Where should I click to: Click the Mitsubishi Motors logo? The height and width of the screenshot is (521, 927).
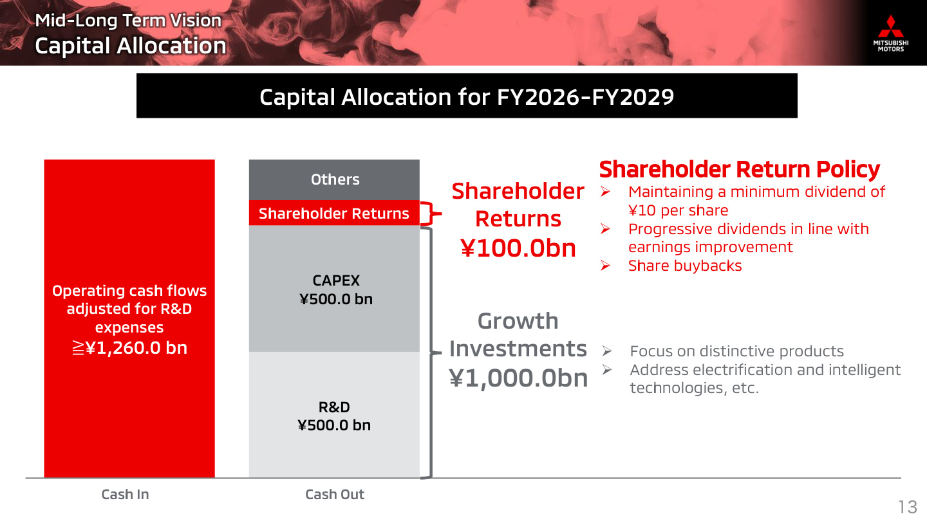click(890, 33)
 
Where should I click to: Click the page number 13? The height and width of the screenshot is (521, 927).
click(907, 507)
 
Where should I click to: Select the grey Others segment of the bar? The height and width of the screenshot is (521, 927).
click(334, 180)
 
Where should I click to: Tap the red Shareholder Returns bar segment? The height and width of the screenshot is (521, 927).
click(334, 214)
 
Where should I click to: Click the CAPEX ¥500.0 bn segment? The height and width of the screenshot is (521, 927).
click(334, 289)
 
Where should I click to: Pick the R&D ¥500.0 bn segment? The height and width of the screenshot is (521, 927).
click(334, 415)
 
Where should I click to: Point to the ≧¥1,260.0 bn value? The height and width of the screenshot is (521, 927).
click(129, 348)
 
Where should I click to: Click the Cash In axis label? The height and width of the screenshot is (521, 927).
click(125, 494)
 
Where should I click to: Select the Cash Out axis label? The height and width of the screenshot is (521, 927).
click(334, 494)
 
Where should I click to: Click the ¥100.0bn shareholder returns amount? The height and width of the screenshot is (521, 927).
click(518, 248)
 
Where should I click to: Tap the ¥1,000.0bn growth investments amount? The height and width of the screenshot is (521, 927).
click(518, 378)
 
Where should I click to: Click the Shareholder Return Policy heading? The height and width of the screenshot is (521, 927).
click(740, 170)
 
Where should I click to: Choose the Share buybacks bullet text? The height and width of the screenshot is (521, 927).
click(685, 266)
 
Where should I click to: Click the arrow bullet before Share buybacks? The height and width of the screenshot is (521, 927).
click(605, 266)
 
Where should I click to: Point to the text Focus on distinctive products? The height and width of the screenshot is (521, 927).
click(736, 351)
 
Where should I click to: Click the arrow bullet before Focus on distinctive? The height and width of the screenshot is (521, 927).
click(606, 351)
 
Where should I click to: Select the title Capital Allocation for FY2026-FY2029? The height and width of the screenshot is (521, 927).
click(467, 96)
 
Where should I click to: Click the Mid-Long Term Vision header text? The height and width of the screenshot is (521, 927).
click(128, 21)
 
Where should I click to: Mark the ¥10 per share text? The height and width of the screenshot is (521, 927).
click(679, 210)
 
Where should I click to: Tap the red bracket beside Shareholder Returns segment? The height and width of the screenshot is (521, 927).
click(431, 214)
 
